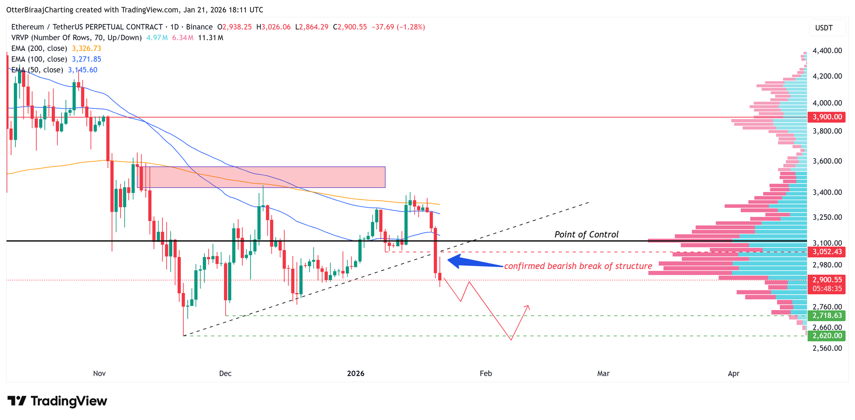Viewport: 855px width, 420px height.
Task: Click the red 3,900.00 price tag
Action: [827, 117]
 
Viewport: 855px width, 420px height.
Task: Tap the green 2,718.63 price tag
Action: [827, 316]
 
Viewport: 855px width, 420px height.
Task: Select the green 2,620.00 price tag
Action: [827, 336]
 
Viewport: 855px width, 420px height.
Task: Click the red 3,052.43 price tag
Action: [827, 252]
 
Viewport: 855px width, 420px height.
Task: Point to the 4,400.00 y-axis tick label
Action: [827, 50]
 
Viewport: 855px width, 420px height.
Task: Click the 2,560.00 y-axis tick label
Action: [827, 348]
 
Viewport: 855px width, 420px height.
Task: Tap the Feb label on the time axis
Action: [486, 373]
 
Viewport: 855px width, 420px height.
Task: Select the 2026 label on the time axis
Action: [356, 373]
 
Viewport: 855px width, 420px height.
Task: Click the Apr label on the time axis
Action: [734, 373]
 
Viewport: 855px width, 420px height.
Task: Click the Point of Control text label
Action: [586, 234]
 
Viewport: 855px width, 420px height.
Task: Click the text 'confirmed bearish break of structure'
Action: [578, 266]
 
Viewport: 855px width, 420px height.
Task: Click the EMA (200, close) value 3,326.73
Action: [86, 48]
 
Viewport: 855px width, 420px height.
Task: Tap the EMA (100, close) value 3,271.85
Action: [86, 59]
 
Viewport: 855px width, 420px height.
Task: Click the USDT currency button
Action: [824, 28]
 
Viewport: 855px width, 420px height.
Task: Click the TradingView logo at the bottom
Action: [57, 401]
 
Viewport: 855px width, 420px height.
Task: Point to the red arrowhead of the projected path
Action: [528, 306]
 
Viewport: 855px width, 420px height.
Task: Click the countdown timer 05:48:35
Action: [827, 289]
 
